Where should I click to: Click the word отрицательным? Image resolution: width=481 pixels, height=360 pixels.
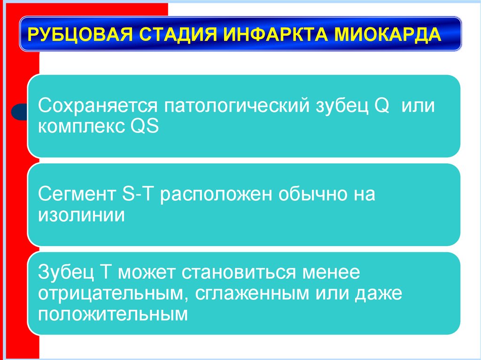pos(110,293)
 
